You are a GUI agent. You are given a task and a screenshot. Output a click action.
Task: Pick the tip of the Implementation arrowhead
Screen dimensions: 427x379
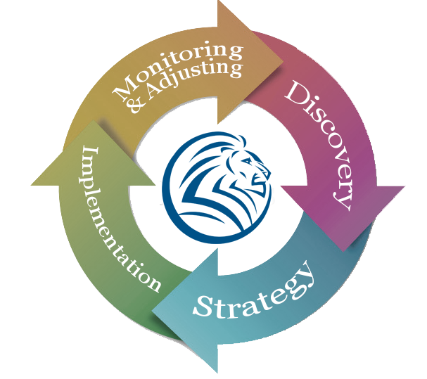91,120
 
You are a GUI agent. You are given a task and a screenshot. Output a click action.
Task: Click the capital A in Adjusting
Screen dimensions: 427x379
153,96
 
